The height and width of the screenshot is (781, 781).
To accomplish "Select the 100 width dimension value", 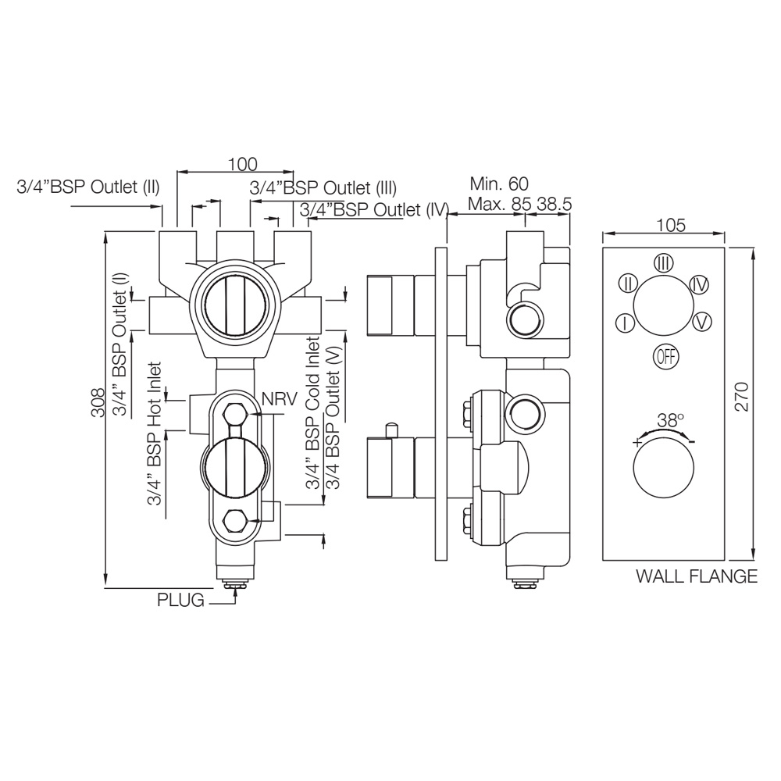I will (x=243, y=164).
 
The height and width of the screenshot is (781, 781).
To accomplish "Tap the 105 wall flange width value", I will (x=671, y=226).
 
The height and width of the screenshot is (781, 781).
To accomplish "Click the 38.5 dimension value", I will (x=555, y=204).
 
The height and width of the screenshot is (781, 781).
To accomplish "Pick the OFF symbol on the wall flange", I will (x=666, y=356).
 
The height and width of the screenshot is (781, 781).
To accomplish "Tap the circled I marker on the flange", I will (x=624, y=323).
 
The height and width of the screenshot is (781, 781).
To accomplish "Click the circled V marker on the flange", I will (x=701, y=320).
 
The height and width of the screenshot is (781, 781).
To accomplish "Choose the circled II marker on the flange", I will (x=629, y=283).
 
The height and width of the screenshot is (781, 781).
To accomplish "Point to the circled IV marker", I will (x=700, y=284).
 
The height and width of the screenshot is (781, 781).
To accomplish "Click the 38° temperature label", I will (x=670, y=419).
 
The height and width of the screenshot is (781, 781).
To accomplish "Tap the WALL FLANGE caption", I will (x=696, y=577).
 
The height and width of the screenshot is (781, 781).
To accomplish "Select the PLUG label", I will (x=180, y=600).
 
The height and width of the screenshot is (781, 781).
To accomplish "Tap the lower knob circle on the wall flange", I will (x=663, y=472).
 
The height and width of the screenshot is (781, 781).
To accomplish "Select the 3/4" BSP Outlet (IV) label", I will (x=373, y=209).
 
